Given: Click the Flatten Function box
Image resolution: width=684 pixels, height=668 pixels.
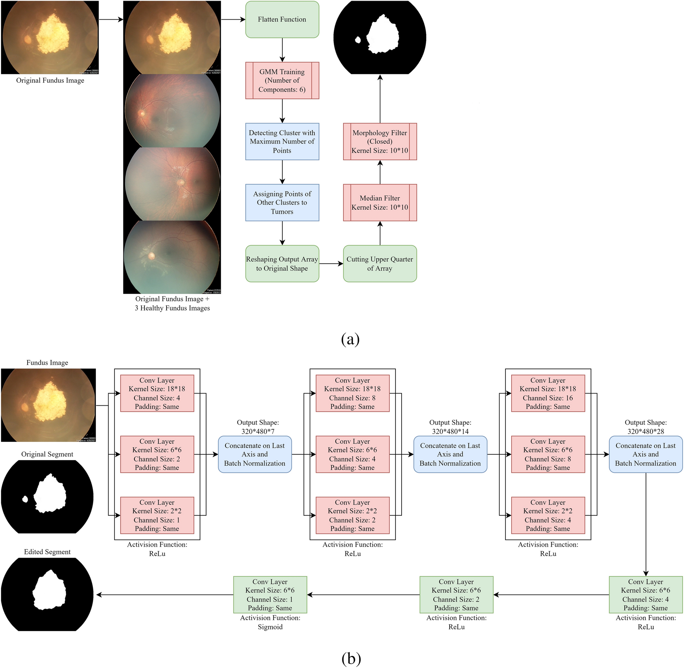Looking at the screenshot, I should pyautogui.click(x=282, y=20).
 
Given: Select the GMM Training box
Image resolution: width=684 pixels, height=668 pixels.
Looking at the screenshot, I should pyautogui.click(x=282, y=80).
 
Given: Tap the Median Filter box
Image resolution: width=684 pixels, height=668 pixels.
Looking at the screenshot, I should pyautogui.click(x=380, y=202).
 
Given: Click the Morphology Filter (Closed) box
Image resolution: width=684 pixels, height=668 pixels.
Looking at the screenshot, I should pyautogui.click(x=380, y=141).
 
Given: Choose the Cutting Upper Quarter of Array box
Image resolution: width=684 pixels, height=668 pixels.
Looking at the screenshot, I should pyautogui.click(x=380, y=263).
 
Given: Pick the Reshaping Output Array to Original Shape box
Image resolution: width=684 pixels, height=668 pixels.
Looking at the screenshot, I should pyautogui.click(x=282, y=263).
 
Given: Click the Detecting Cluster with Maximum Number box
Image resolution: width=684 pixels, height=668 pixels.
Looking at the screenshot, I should pyautogui.click(x=282, y=141).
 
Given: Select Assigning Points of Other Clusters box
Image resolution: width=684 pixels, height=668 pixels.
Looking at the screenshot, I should pyautogui.click(x=282, y=202).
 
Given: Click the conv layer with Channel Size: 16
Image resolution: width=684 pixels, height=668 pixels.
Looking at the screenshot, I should pyautogui.click(x=547, y=393).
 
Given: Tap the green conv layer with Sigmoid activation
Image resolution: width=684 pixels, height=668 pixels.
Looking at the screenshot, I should pyautogui.click(x=270, y=595).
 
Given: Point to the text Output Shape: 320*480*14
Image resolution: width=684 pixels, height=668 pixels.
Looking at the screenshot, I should pyautogui.click(x=450, y=427).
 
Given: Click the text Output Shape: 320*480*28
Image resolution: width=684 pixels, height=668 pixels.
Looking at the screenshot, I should pyautogui.click(x=645, y=427).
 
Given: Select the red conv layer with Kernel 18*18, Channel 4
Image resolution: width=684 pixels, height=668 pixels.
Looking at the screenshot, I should pyautogui.click(x=157, y=393).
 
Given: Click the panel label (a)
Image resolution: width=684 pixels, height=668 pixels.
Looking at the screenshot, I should pyautogui.click(x=350, y=339).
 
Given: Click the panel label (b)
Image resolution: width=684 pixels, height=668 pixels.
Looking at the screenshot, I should pyautogui.click(x=351, y=659).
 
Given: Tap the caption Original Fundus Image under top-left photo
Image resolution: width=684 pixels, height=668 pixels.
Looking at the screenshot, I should pyautogui.click(x=50, y=80).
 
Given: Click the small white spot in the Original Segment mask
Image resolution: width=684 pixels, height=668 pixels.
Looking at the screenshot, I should pyautogui.click(x=25, y=499).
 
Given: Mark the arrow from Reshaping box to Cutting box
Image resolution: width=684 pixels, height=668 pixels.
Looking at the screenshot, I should pyautogui.click(x=331, y=263).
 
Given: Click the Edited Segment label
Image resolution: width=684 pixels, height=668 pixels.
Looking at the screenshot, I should pyautogui.click(x=47, y=552).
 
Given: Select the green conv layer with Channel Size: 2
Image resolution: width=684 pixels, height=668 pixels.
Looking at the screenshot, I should pyautogui.click(x=456, y=595).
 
